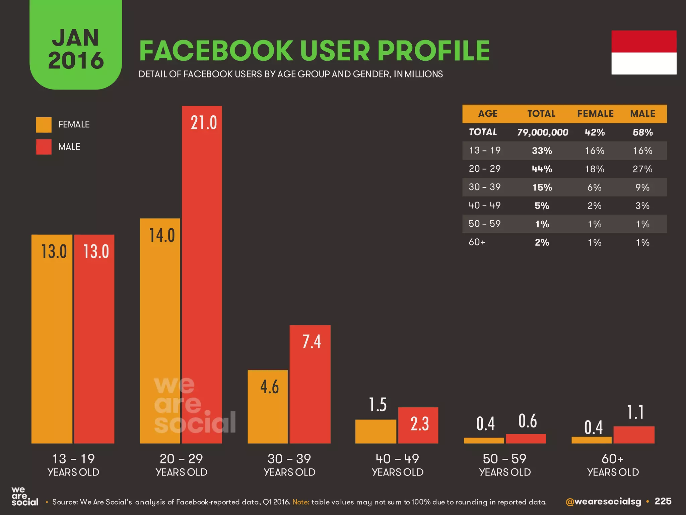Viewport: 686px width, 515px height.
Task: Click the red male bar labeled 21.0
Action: pyautogui.click(x=202, y=275)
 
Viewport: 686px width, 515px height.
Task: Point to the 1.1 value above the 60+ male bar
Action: pyautogui.click(x=635, y=412)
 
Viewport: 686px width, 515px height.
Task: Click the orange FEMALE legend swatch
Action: pyautogui.click(x=44, y=125)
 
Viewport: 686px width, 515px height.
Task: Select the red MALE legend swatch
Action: pyautogui.click(x=44, y=147)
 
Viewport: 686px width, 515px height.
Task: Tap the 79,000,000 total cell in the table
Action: pyautogui.click(x=542, y=132)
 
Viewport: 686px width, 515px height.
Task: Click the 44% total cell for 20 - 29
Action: pyautogui.click(x=542, y=169)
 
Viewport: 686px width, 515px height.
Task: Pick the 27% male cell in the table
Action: pyautogui.click(x=642, y=169)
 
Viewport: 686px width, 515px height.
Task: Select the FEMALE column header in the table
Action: pyautogui.click(x=595, y=114)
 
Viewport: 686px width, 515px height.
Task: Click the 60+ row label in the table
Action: pyautogui.click(x=477, y=242)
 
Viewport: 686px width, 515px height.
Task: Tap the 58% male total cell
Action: pyautogui.click(x=642, y=132)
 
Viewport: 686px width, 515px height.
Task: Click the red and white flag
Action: pyautogui.click(x=643, y=52)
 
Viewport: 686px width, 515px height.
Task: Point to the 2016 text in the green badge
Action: pyautogui.click(x=76, y=61)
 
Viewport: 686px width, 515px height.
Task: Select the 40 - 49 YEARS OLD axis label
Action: pyautogui.click(x=397, y=465)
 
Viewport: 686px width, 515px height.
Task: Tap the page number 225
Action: pyautogui.click(x=663, y=501)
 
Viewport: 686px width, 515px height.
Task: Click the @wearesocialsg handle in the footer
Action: pyautogui.click(x=603, y=502)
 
